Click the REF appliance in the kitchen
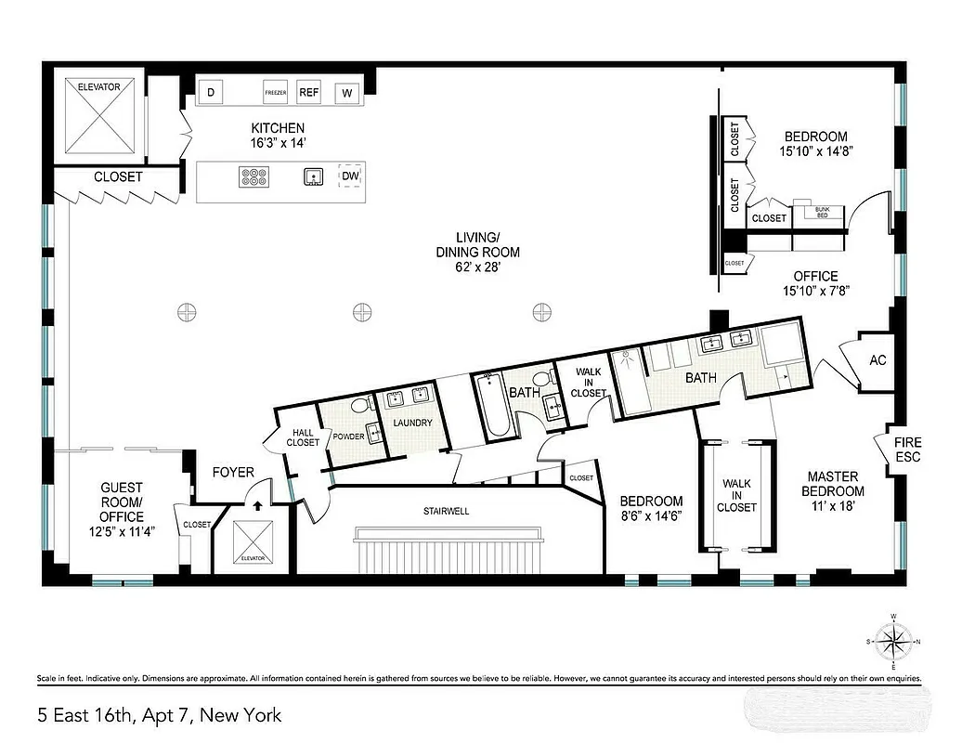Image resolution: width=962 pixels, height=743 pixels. pos(309,92)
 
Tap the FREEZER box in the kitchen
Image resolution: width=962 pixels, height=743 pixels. pos(275,93)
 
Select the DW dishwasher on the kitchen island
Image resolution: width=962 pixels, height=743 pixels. pos(350,176)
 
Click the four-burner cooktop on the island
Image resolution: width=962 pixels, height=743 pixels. pos(253,176)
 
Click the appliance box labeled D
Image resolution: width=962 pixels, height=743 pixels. pos(211,92)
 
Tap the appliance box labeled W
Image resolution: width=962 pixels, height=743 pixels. pos(347,92)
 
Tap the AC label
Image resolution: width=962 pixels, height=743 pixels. pos(877,360)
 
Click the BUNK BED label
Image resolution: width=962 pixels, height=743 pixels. pos(822,212)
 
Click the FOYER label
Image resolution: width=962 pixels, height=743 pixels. pos(232,472)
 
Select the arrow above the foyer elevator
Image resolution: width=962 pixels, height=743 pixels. pos(256,506)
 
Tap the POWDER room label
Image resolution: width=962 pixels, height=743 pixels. pos(348,437)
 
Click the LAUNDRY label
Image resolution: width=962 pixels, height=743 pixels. pos(412,423)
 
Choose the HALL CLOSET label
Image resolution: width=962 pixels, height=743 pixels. pos(305,437)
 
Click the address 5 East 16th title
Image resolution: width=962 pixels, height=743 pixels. pos(159,715)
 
